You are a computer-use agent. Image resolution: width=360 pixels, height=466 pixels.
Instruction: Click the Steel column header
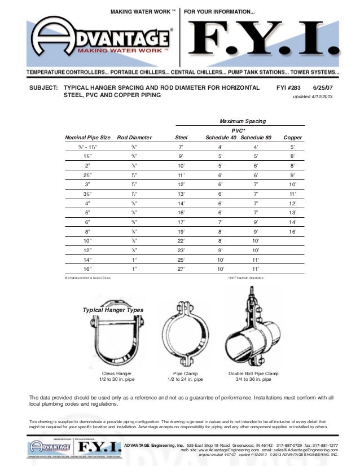tap(181, 137)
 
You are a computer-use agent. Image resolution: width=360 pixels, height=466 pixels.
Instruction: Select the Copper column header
tap(292, 137)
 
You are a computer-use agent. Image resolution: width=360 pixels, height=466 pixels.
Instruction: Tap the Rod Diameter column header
tap(134, 137)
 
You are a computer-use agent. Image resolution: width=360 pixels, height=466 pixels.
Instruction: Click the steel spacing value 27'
tap(181, 270)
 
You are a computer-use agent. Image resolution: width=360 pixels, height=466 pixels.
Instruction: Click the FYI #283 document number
tap(288, 89)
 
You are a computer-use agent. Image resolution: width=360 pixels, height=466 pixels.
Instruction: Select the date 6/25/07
tap(323, 89)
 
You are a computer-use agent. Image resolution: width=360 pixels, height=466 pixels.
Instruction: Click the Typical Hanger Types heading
tap(113, 310)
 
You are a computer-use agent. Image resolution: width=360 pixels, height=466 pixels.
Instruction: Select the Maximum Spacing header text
tap(242, 121)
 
